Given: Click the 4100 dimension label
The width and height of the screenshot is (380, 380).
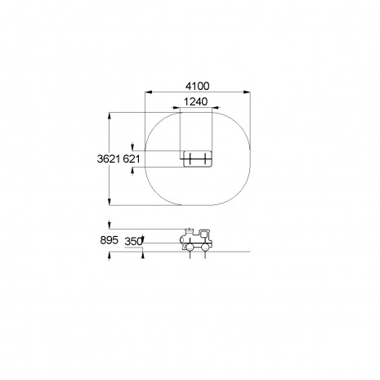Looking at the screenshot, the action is (x=198, y=86).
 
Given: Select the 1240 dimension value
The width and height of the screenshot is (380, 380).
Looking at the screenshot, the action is (x=195, y=101).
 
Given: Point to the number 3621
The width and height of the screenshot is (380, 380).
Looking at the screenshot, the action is (x=109, y=159).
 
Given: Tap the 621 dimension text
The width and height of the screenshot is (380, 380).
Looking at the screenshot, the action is (x=132, y=159).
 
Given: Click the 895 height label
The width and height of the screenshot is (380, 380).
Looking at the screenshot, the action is (x=110, y=240).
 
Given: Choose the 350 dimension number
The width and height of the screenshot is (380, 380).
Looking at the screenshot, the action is (x=133, y=241).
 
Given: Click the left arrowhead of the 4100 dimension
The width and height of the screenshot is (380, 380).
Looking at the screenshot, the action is (x=149, y=92).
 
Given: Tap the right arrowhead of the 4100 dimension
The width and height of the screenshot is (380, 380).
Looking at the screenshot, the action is (x=247, y=92).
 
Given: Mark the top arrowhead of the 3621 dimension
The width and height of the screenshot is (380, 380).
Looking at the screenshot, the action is (x=110, y=116).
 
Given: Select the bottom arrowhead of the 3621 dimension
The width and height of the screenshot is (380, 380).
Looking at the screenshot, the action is (x=110, y=202).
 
